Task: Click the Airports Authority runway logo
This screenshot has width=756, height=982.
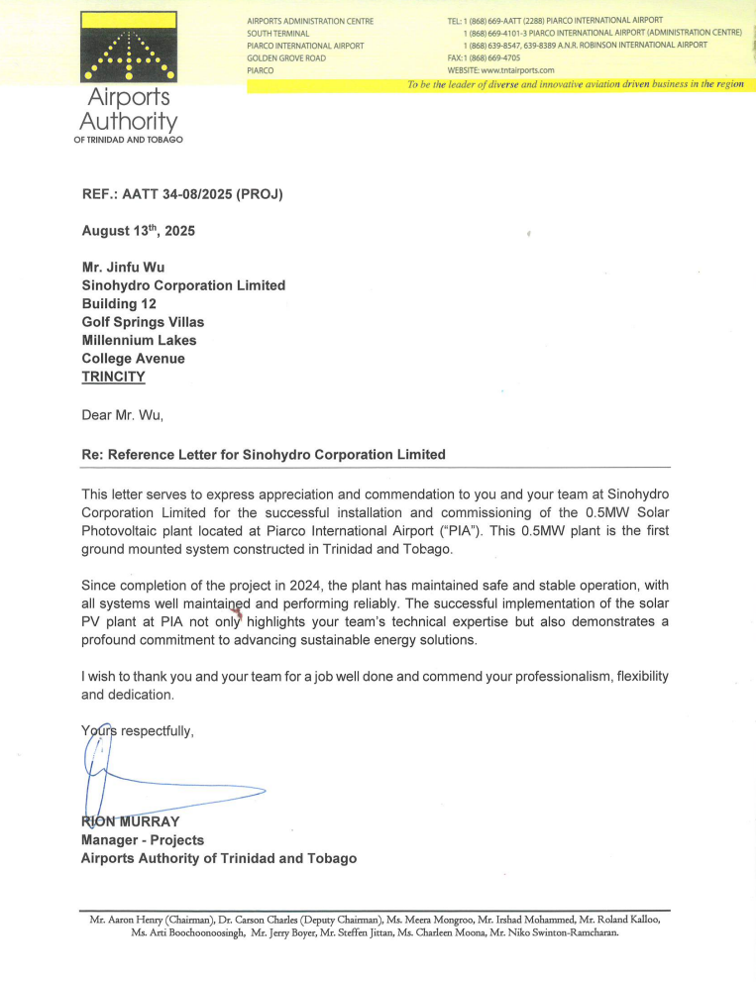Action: (x=128, y=49)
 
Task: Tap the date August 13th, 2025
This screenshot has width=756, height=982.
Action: (x=138, y=231)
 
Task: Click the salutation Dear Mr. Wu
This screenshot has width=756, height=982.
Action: (x=122, y=415)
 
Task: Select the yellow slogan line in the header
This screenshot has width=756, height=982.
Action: (x=575, y=85)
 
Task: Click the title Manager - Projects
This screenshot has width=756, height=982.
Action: (x=142, y=840)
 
